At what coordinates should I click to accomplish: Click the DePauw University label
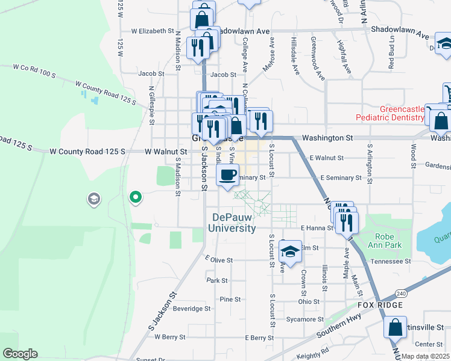pos(232,223)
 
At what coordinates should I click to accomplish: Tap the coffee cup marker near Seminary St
pos(227,175)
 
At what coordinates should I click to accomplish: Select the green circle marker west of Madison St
pos(136,196)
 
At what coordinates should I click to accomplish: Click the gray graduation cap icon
pos(93,199)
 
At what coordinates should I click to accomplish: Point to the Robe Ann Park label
pos(385,241)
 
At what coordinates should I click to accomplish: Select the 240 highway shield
pos(400,293)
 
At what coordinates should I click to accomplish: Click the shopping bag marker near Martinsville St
pos(395,329)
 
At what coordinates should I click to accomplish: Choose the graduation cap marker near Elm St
pos(290,251)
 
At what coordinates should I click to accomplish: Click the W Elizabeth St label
pos(152,31)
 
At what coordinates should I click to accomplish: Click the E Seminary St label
pos(341,178)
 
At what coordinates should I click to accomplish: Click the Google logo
pos(20,353)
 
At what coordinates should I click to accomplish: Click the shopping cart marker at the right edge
pos(447,93)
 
